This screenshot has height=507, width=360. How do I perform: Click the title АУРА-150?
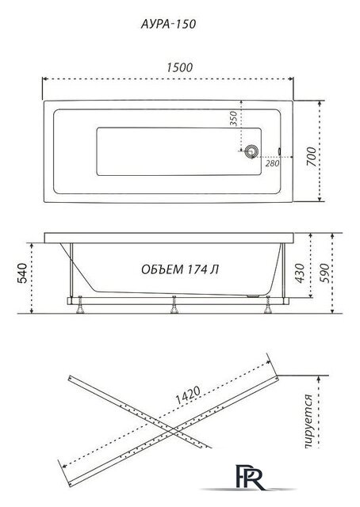(x=163, y=25)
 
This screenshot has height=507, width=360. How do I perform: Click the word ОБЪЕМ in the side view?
(x=159, y=268)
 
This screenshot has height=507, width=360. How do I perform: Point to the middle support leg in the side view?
(x=173, y=307)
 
